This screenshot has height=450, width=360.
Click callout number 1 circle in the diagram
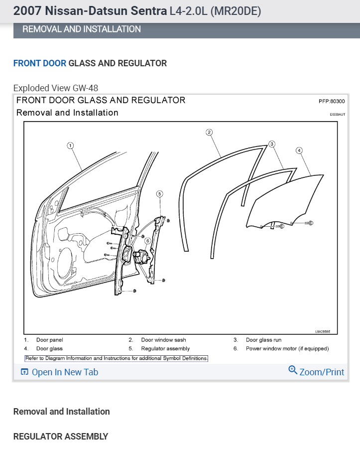point(70,146)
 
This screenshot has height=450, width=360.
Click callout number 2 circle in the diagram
point(209,132)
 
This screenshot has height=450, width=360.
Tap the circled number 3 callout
point(272,144)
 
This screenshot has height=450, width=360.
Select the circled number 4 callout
point(299,150)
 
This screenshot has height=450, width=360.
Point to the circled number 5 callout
point(159,193)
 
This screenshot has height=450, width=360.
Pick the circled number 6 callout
point(147,241)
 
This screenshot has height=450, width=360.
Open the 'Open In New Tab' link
point(59,372)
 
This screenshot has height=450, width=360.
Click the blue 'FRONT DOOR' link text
point(39,63)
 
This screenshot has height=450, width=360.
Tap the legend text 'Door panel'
point(49,340)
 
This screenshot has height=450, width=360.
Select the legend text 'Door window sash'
point(163,340)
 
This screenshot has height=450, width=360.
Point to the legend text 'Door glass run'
point(263,340)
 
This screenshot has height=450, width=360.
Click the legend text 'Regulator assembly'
point(165,348)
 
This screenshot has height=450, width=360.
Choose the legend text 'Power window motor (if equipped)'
point(287,348)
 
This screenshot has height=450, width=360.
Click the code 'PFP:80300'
point(332,101)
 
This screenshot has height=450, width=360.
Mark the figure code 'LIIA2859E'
point(323,331)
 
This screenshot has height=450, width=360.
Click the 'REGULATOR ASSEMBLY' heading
point(60,437)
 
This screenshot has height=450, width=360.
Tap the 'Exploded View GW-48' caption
point(56,88)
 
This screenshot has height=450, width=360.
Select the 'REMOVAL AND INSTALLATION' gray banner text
point(82,29)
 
